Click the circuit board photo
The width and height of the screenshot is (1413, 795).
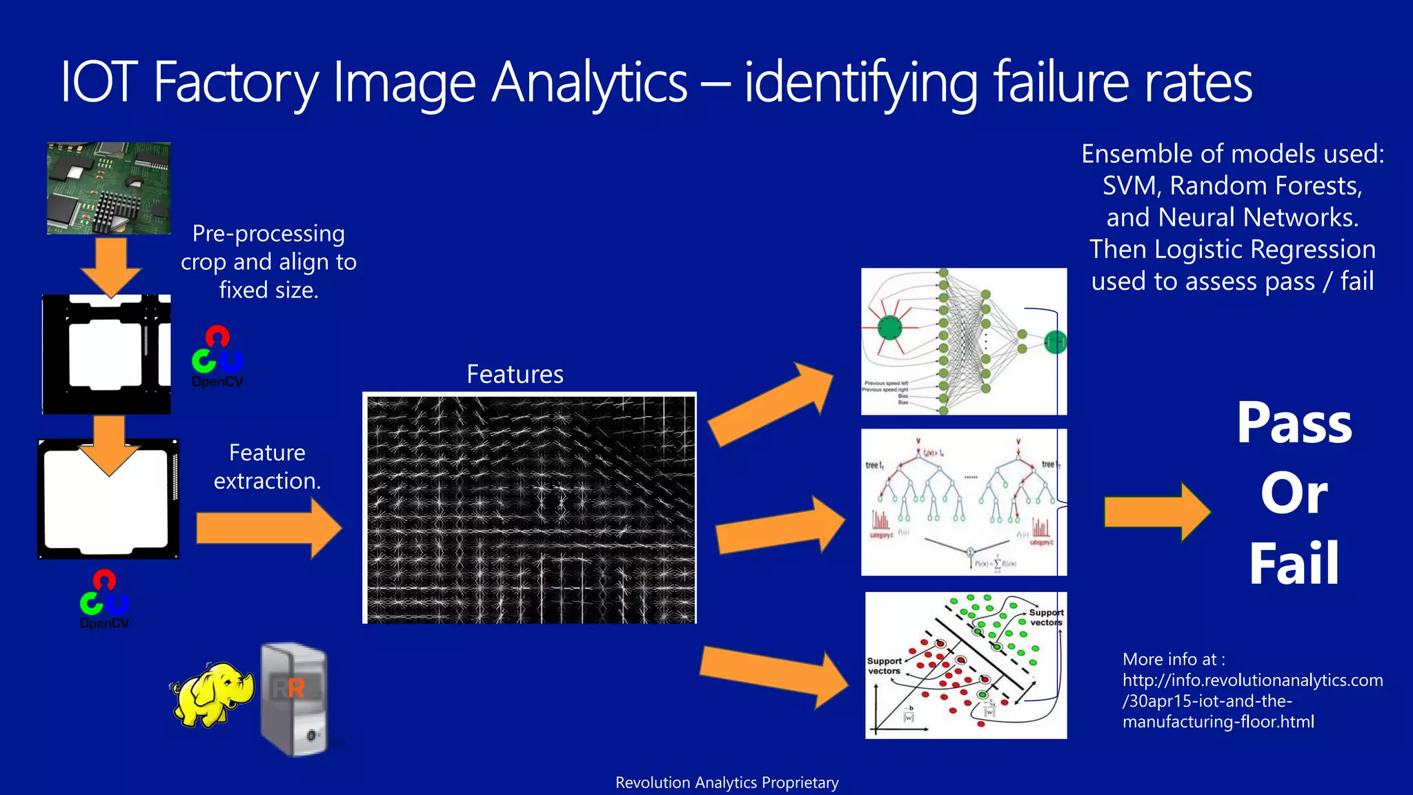108,188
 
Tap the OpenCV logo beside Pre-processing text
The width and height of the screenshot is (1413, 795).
217,357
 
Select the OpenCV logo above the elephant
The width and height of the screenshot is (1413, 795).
104,599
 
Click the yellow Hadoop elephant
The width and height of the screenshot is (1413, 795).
210,694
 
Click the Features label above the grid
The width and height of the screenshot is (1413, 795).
515,374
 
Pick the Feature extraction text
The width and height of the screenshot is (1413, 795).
267,467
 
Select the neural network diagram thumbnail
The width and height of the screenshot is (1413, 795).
963,342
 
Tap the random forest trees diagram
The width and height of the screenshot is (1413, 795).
963,502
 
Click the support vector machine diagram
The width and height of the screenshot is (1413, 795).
965,665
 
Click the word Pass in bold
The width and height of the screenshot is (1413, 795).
1294,423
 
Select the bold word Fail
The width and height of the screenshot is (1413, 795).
1294,564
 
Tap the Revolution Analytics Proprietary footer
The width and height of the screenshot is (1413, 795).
727,783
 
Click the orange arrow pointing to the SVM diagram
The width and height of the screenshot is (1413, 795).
773,676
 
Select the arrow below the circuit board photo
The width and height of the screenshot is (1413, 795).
110,266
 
